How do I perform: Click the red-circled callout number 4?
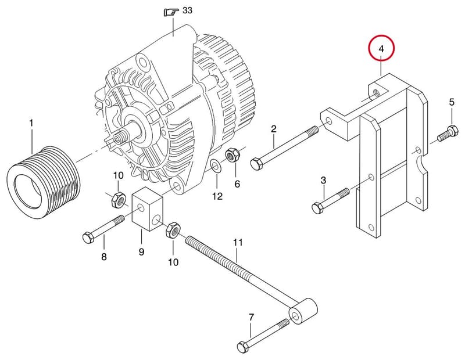381,49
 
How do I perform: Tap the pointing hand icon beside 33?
171,12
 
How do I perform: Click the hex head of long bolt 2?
256,164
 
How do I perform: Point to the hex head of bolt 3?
317,207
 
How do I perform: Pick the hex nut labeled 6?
232,156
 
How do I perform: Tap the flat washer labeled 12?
215,166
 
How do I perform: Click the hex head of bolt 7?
243,346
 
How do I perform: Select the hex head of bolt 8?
88,237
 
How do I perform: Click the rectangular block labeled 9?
148,209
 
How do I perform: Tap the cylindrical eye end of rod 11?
303,311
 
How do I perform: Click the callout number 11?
238,242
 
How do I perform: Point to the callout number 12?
217,196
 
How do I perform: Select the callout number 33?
187,10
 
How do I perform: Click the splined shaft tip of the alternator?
120,137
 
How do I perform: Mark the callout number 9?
141,252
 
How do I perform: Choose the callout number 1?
31,123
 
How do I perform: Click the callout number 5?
452,103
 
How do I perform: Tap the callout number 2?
273,128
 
